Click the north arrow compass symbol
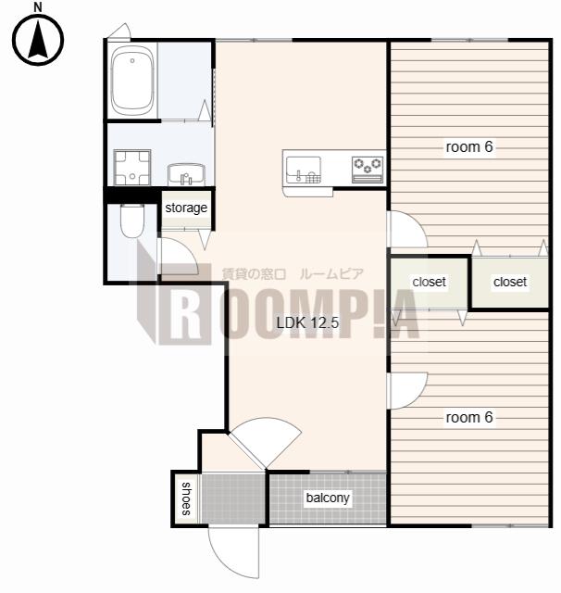pos(38,40)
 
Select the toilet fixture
pos(131,221)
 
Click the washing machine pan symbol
pos(132,167)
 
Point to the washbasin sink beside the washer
pos(186,174)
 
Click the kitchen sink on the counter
pos(304,170)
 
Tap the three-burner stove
pos(368,170)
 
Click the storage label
pos(186,208)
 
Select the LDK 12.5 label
pos(308,322)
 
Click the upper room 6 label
pos(469,147)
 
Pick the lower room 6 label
pos(469,418)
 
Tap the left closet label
pos(430,282)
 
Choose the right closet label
pos(510,282)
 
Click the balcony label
pos(328,498)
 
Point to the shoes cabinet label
pos(186,498)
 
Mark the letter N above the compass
pos(38,6)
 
